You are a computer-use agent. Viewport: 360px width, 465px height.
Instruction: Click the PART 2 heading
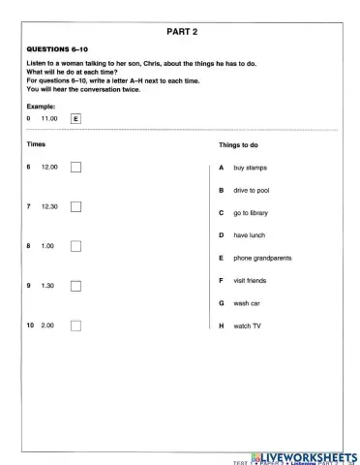click(181, 31)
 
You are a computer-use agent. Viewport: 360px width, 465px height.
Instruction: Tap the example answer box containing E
click(76, 118)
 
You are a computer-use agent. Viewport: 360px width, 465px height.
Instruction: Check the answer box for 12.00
click(76, 167)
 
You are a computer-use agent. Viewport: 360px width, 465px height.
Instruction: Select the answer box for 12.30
click(76, 206)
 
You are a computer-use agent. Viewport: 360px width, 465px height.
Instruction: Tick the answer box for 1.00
click(76, 246)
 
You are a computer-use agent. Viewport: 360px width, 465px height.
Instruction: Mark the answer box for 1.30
click(76, 286)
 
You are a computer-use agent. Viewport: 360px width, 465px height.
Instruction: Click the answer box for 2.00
click(76, 325)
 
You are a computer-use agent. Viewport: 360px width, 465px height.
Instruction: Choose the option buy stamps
click(250, 168)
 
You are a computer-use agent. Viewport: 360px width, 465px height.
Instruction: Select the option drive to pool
click(252, 190)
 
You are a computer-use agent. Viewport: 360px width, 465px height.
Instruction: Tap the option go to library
click(251, 212)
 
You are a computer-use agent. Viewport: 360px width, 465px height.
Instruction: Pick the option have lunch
click(249, 235)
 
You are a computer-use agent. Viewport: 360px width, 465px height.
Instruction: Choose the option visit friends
click(250, 281)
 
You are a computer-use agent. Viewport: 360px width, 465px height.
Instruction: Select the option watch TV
click(247, 326)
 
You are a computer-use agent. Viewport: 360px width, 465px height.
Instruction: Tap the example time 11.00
click(49, 118)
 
